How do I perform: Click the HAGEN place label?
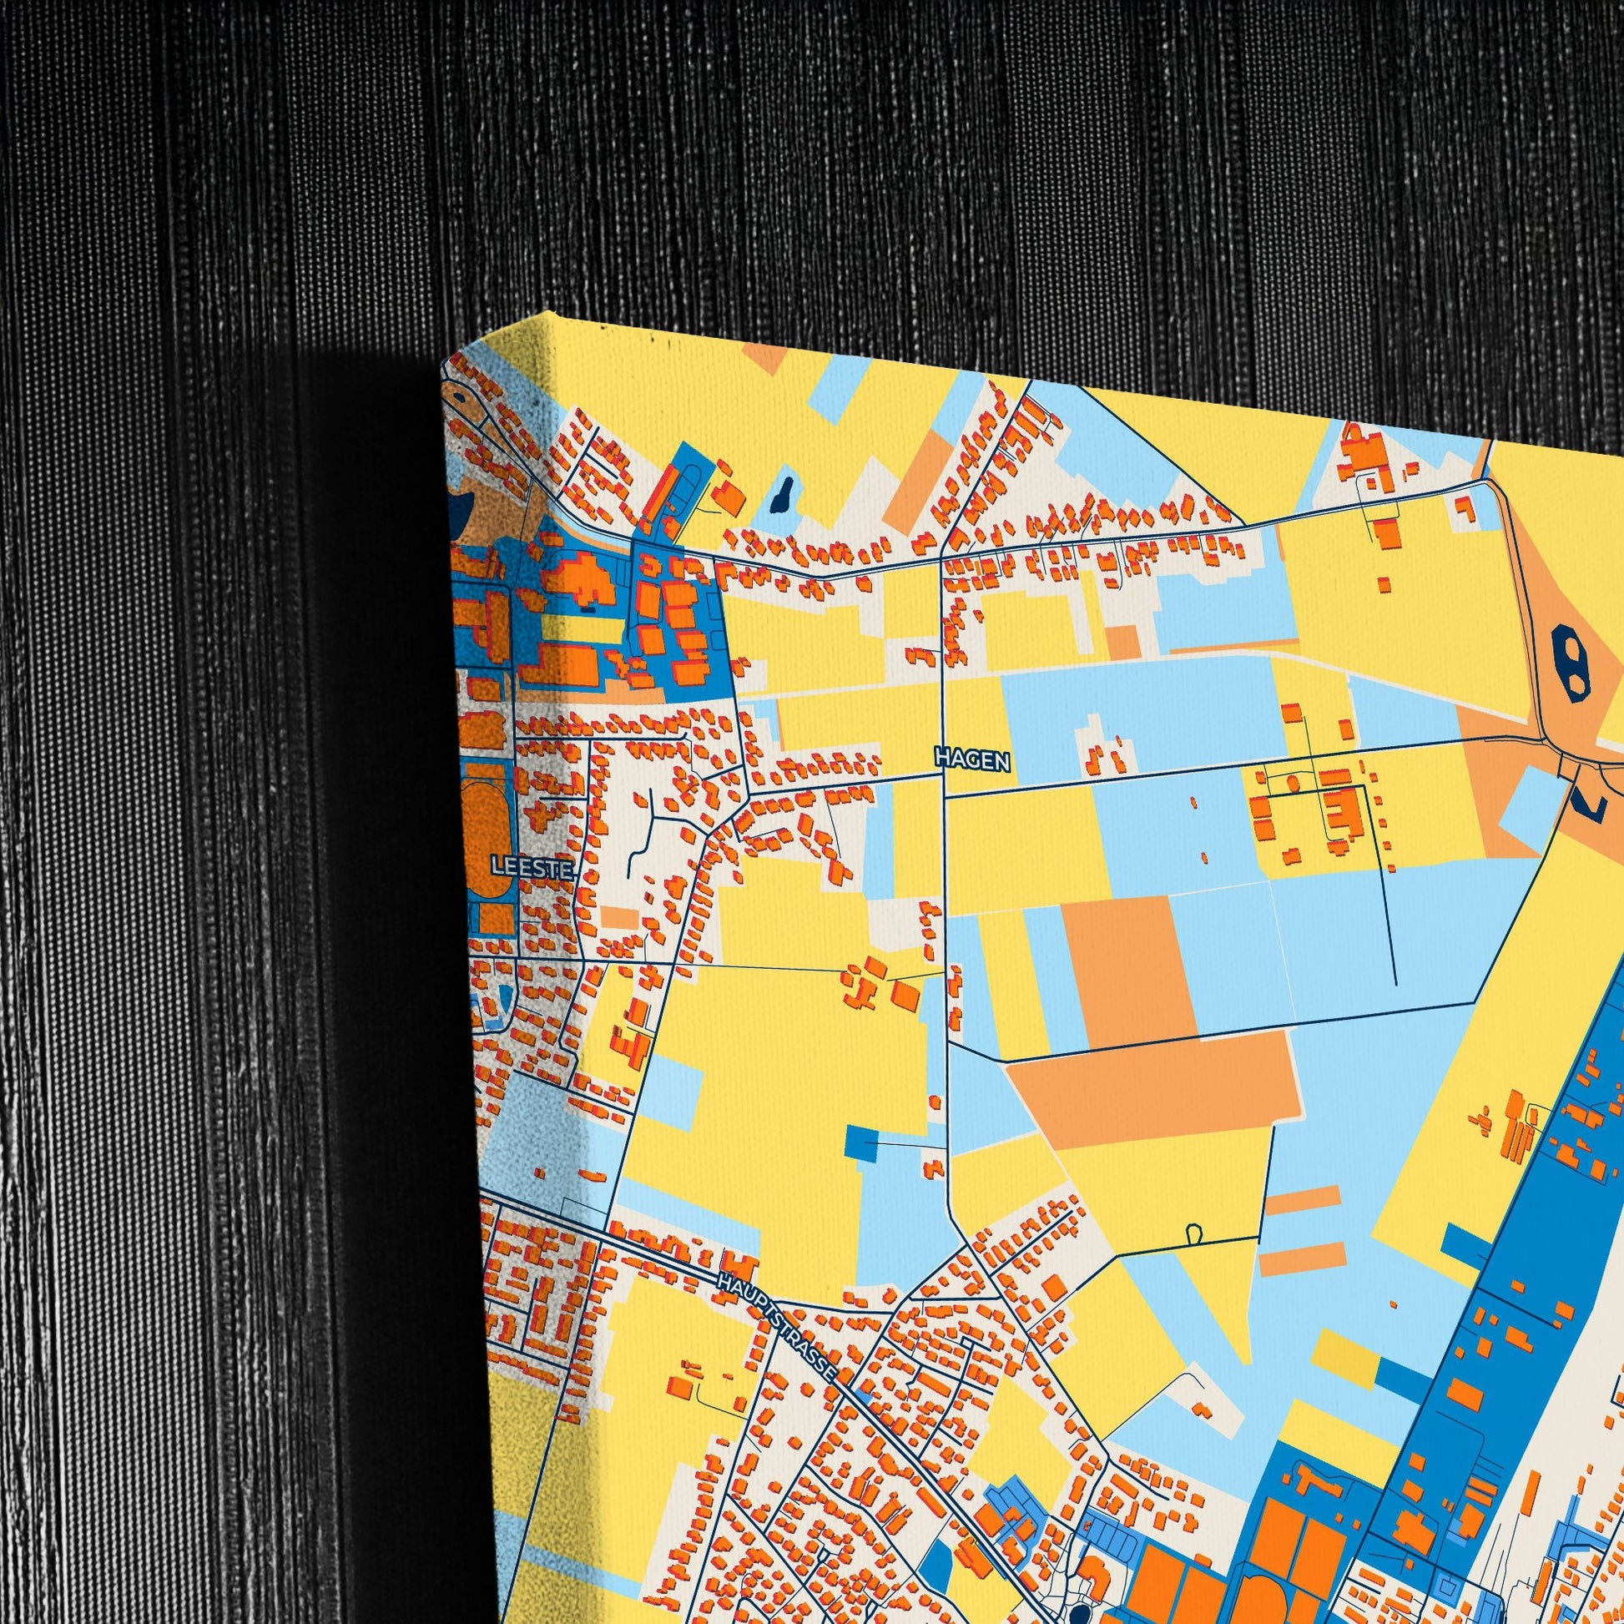pos(971,759)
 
